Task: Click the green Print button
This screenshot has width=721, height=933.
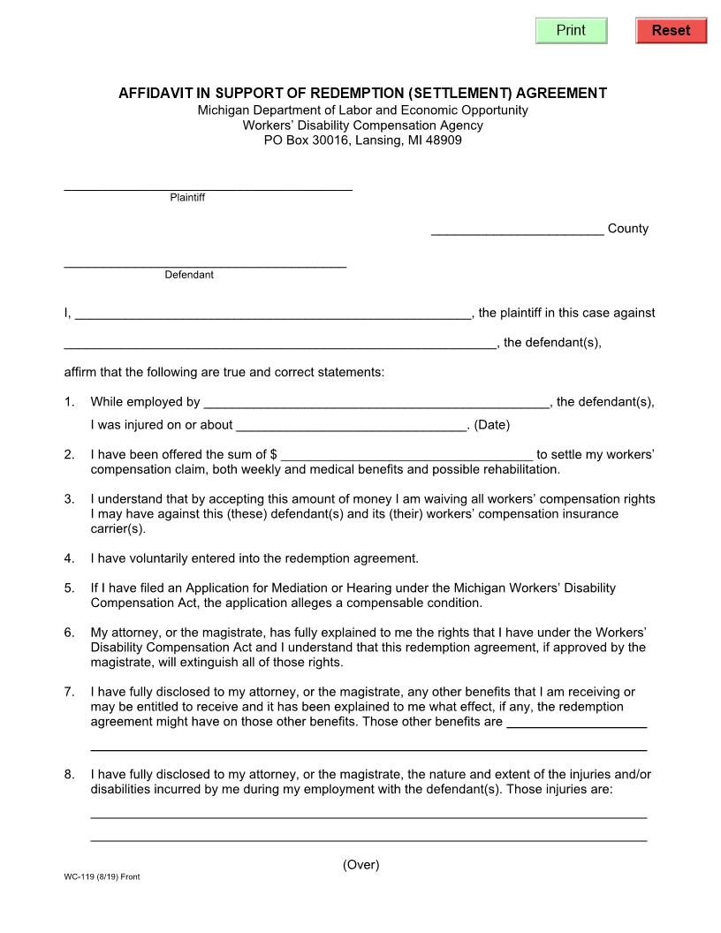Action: tap(572, 30)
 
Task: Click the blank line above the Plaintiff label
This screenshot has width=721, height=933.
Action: tap(208, 184)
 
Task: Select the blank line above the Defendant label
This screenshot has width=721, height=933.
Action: tap(205, 262)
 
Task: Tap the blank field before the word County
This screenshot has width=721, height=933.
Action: tap(517, 229)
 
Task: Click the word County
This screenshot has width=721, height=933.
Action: tap(628, 229)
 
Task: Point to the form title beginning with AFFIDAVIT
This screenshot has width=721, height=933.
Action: tap(362, 93)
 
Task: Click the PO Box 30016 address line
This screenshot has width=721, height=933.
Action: tap(362, 140)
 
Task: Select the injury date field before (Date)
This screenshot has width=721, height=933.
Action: tap(351, 425)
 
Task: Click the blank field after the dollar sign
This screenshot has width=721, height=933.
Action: tap(406, 454)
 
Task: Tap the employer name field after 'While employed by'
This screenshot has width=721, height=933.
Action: tap(376, 402)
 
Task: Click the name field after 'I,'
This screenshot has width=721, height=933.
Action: tap(273, 313)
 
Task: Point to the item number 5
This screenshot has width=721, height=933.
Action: tap(69, 588)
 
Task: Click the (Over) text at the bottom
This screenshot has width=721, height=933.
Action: tap(360, 865)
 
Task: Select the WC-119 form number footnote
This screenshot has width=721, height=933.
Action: tap(102, 877)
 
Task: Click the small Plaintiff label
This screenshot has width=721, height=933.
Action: tap(187, 198)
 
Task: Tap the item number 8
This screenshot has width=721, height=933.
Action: tap(69, 775)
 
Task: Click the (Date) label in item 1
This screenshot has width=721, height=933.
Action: tap(492, 425)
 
